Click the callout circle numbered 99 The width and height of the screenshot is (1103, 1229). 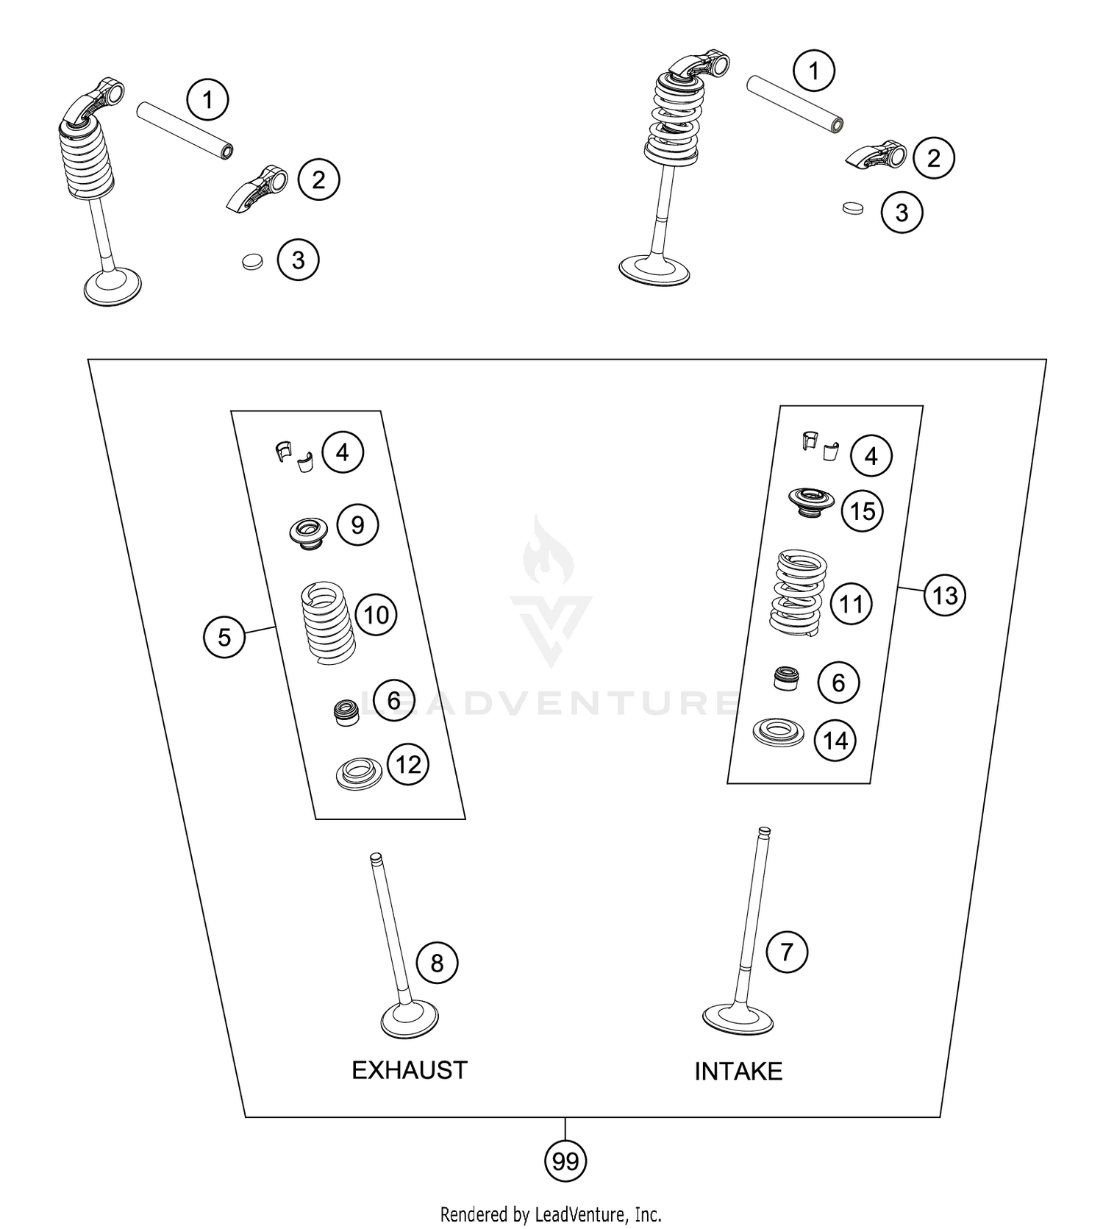(x=565, y=1161)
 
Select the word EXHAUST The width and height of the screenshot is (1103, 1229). (x=409, y=1070)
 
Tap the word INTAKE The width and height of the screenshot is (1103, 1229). (x=738, y=1072)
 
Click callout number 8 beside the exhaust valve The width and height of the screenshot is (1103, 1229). (x=437, y=963)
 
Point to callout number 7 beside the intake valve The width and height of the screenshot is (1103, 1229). (x=787, y=952)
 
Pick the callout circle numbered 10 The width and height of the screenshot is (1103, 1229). (x=376, y=615)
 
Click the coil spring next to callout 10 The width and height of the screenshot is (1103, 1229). (x=329, y=621)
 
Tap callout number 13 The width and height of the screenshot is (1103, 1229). (x=944, y=594)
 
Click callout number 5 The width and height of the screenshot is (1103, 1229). (x=224, y=637)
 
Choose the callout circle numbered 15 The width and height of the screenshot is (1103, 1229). (x=863, y=511)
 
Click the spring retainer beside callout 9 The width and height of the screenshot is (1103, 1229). (x=309, y=530)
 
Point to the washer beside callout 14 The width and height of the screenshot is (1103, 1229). (x=778, y=733)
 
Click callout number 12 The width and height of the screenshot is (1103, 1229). (x=408, y=765)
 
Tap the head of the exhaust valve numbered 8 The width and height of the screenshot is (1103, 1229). (x=410, y=1020)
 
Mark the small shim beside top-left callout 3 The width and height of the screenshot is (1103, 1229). (x=252, y=261)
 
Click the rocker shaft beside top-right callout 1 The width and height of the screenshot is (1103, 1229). (x=794, y=104)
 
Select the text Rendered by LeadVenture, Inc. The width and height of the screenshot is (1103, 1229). (x=551, y=1213)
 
